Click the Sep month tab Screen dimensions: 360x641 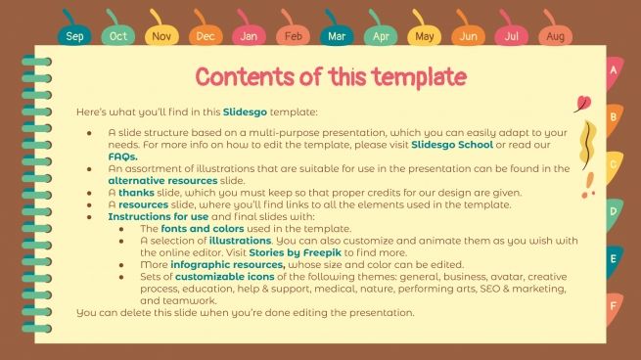pyautogui.click(x=74, y=36)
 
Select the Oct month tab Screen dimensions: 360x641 pyautogui.click(x=117, y=36)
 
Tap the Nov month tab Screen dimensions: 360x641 pyautogui.click(x=161, y=36)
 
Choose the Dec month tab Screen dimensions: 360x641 pyautogui.click(x=205, y=36)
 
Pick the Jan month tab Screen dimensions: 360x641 pyautogui.click(x=249, y=36)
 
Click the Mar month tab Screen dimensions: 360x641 pyautogui.click(x=336, y=36)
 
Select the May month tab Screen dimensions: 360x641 pyautogui.click(x=424, y=36)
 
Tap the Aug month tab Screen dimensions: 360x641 pyautogui.click(x=555, y=36)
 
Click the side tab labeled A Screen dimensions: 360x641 pyautogui.click(x=614, y=71)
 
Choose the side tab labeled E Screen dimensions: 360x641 pyautogui.click(x=614, y=259)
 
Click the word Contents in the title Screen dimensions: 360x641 pyautogui.click(x=252, y=76)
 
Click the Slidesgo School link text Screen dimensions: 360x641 pyautogui.click(x=451, y=145)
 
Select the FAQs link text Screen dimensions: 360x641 pyautogui.click(x=122, y=157)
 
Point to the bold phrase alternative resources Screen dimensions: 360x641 pyautogui.click(x=160, y=181)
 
